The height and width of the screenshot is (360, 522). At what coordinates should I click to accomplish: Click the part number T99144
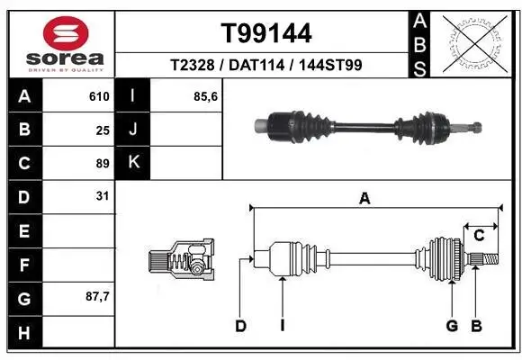point(266,33)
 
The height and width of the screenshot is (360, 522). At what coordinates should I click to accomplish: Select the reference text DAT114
point(266,65)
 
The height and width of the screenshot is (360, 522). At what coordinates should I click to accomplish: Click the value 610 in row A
point(98,96)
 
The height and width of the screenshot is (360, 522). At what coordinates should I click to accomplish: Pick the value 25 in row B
point(102,130)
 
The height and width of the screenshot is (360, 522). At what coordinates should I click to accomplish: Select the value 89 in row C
point(102,163)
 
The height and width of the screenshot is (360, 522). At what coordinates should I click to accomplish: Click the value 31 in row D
point(102,195)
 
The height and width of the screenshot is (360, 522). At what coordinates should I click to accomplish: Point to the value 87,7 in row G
point(96,295)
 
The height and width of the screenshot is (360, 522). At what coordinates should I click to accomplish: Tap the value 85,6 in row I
point(205,96)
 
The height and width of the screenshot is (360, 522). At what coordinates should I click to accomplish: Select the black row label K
point(134,163)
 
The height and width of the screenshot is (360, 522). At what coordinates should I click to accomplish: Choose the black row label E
point(23,230)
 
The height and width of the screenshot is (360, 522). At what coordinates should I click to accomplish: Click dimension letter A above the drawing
point(364,200)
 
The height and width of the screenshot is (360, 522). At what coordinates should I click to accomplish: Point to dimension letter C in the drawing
point(480,236)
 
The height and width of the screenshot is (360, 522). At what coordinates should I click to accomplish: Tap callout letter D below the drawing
point(240,326)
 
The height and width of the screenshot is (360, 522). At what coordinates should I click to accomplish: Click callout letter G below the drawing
point(452,326)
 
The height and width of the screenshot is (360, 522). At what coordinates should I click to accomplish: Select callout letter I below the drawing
point(282,326)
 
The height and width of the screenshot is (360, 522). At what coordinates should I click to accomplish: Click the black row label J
point(134,130)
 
